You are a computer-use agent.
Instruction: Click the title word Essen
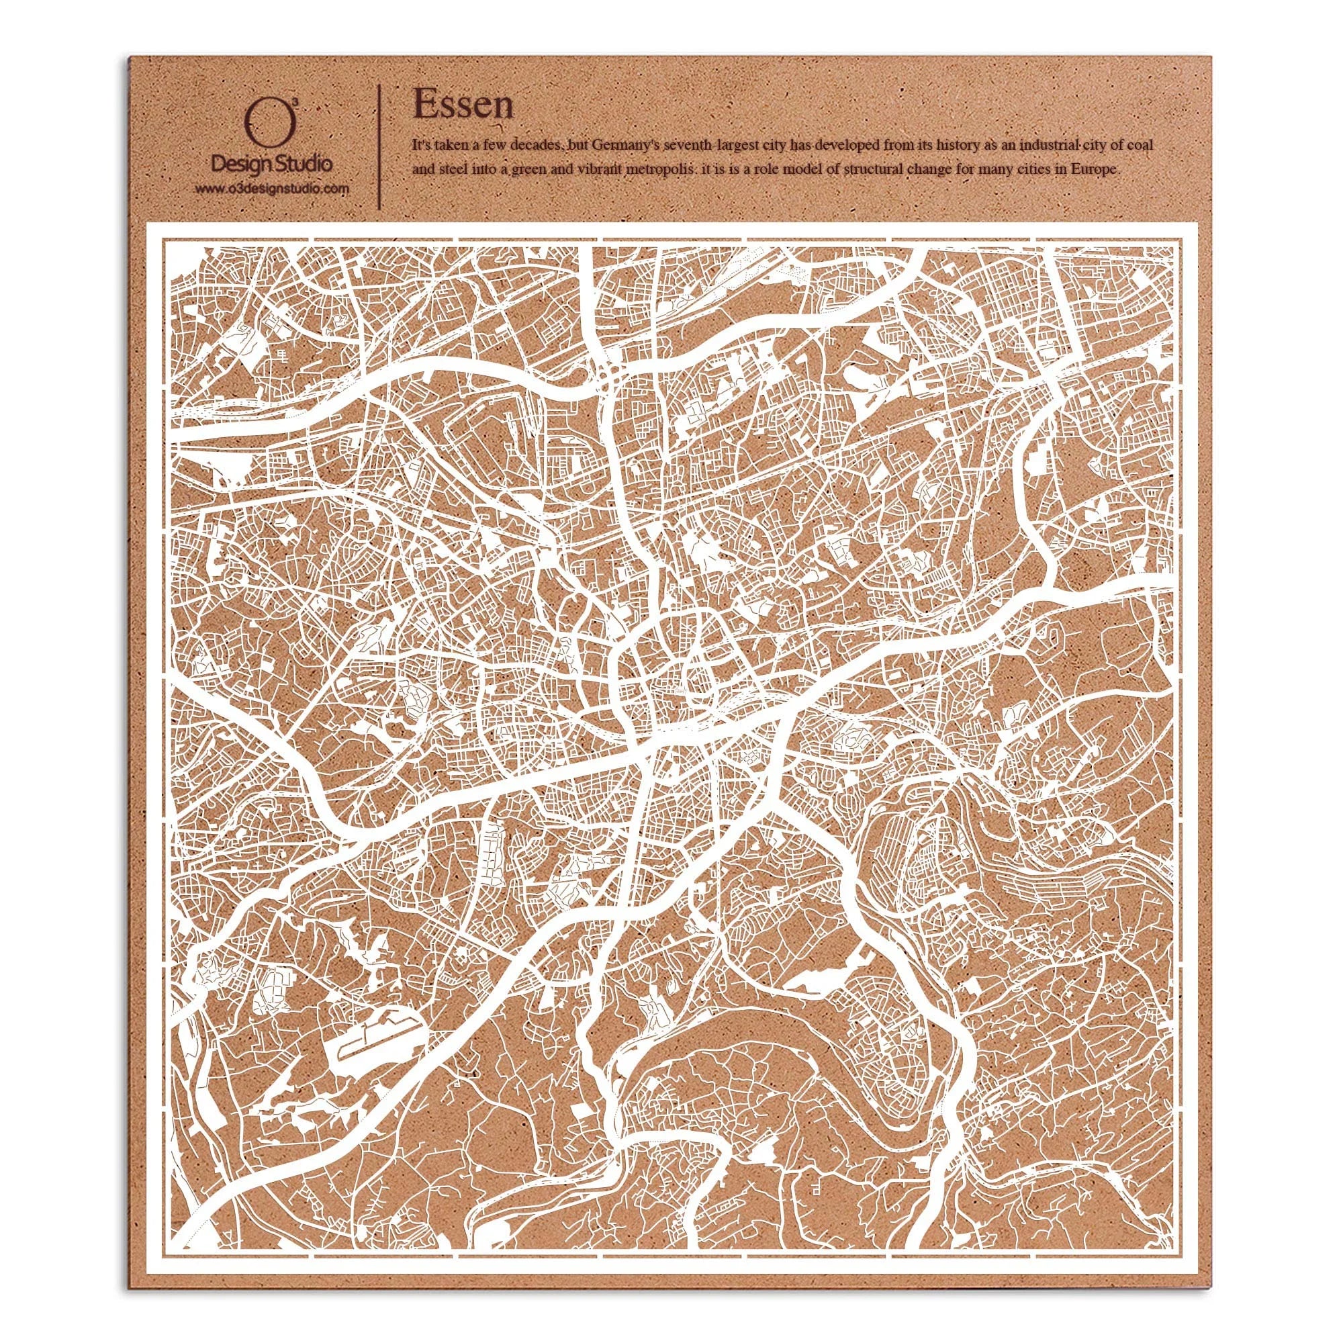[x=463, y=105]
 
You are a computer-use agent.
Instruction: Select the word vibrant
[x=608, y=171]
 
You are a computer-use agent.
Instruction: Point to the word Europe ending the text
[x=1097, y=171]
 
